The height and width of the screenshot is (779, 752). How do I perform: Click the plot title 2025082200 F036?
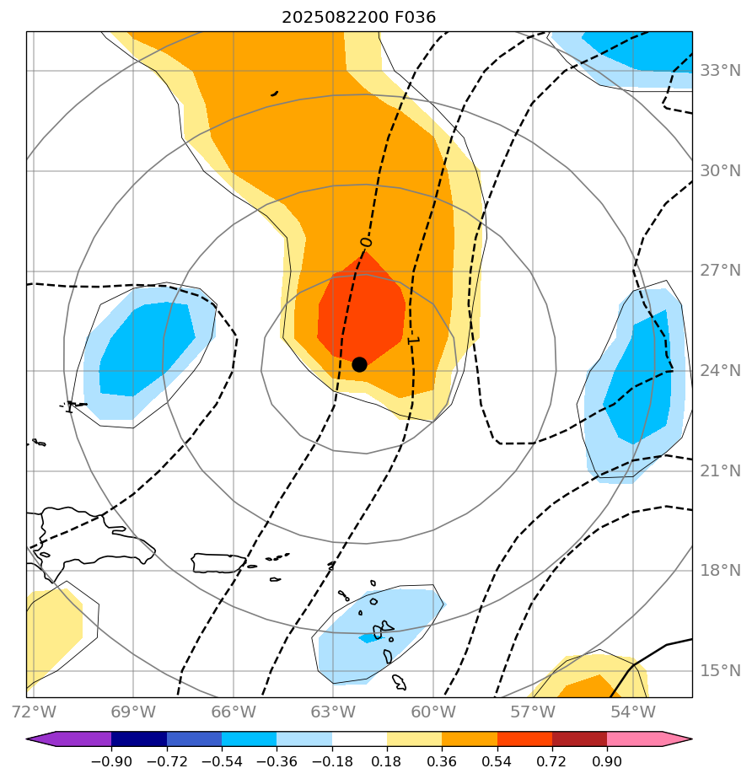coord(358,17)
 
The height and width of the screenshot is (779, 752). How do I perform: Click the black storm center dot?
coord(359,364)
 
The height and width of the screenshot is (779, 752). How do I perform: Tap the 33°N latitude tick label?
coord(720,70)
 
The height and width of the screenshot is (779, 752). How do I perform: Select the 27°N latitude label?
coord(720,271)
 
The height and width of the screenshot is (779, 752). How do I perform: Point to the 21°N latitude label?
coord(720,470)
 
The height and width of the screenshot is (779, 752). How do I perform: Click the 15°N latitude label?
coord(720,671)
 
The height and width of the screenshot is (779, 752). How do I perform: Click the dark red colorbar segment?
coord(579,739)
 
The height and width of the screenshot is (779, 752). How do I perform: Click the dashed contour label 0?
coord(365,242)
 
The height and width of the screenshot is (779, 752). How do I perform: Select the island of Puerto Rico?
coord(218,561)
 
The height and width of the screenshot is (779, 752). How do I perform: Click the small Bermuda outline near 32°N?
coord(274,94)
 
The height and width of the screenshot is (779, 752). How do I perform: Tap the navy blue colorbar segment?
coord(139,739)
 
